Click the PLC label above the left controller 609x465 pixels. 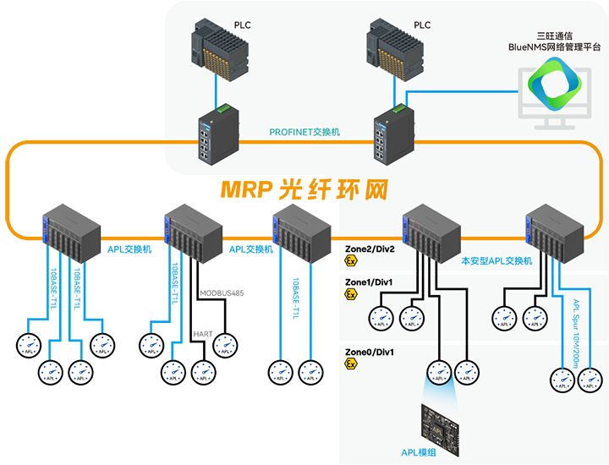coord(242,25)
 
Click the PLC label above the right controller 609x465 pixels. coord(420,25)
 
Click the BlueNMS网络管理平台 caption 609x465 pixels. coord(554,49)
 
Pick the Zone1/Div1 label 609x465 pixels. coord(370,282)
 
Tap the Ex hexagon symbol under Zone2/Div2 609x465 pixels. coord(350,262)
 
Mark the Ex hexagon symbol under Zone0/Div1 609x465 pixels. coord(350,364)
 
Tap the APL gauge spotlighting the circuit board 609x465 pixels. coord(439,370)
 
